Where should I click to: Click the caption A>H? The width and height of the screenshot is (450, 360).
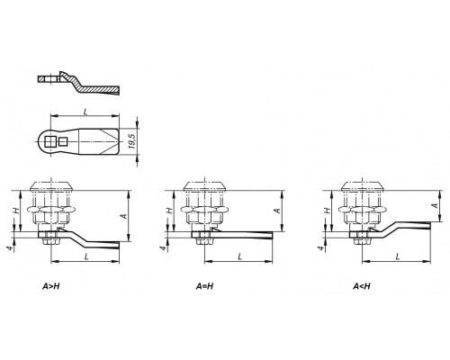click(x=51, y=286)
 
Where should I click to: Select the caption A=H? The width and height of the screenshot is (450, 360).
click(x=204, y=286)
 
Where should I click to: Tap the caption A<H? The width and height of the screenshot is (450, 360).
click(x=362, y=286)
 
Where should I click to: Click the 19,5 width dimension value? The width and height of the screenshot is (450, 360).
click(x=131, y=141)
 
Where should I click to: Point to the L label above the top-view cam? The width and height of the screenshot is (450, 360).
click(x=85, y=112)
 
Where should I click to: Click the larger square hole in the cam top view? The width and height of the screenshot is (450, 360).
click(x=49, y=141)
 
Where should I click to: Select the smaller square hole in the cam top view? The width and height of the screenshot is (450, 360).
click(x=63, y=141)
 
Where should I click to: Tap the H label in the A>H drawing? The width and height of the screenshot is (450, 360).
click(x=17, y=211)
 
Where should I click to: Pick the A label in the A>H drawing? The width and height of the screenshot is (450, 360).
click(x=124, y=216)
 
